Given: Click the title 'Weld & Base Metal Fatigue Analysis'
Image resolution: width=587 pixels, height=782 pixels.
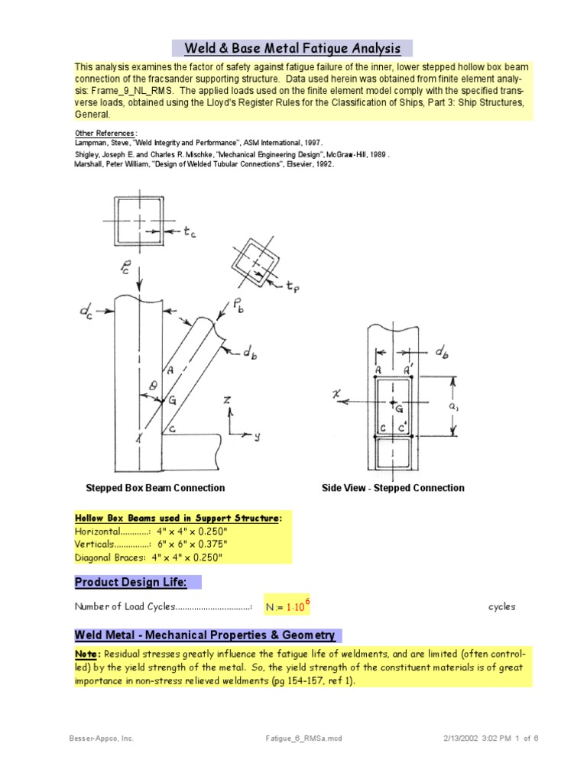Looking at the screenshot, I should point(293,49).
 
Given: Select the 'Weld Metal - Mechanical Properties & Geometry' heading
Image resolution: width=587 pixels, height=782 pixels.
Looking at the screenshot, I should point(204,635).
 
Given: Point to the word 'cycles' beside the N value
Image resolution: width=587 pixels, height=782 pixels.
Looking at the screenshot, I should point(502,607).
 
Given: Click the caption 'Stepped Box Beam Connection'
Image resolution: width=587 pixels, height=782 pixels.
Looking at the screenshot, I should point(155,488).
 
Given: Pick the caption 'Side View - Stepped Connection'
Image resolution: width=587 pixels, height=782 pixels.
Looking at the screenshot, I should point(393,488).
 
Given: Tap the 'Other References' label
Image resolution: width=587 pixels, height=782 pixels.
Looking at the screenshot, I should point(105,133).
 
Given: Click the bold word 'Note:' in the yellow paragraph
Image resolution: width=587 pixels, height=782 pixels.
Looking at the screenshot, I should point(87,654).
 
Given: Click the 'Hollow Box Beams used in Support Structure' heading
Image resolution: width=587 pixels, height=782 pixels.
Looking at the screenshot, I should point(178,519).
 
